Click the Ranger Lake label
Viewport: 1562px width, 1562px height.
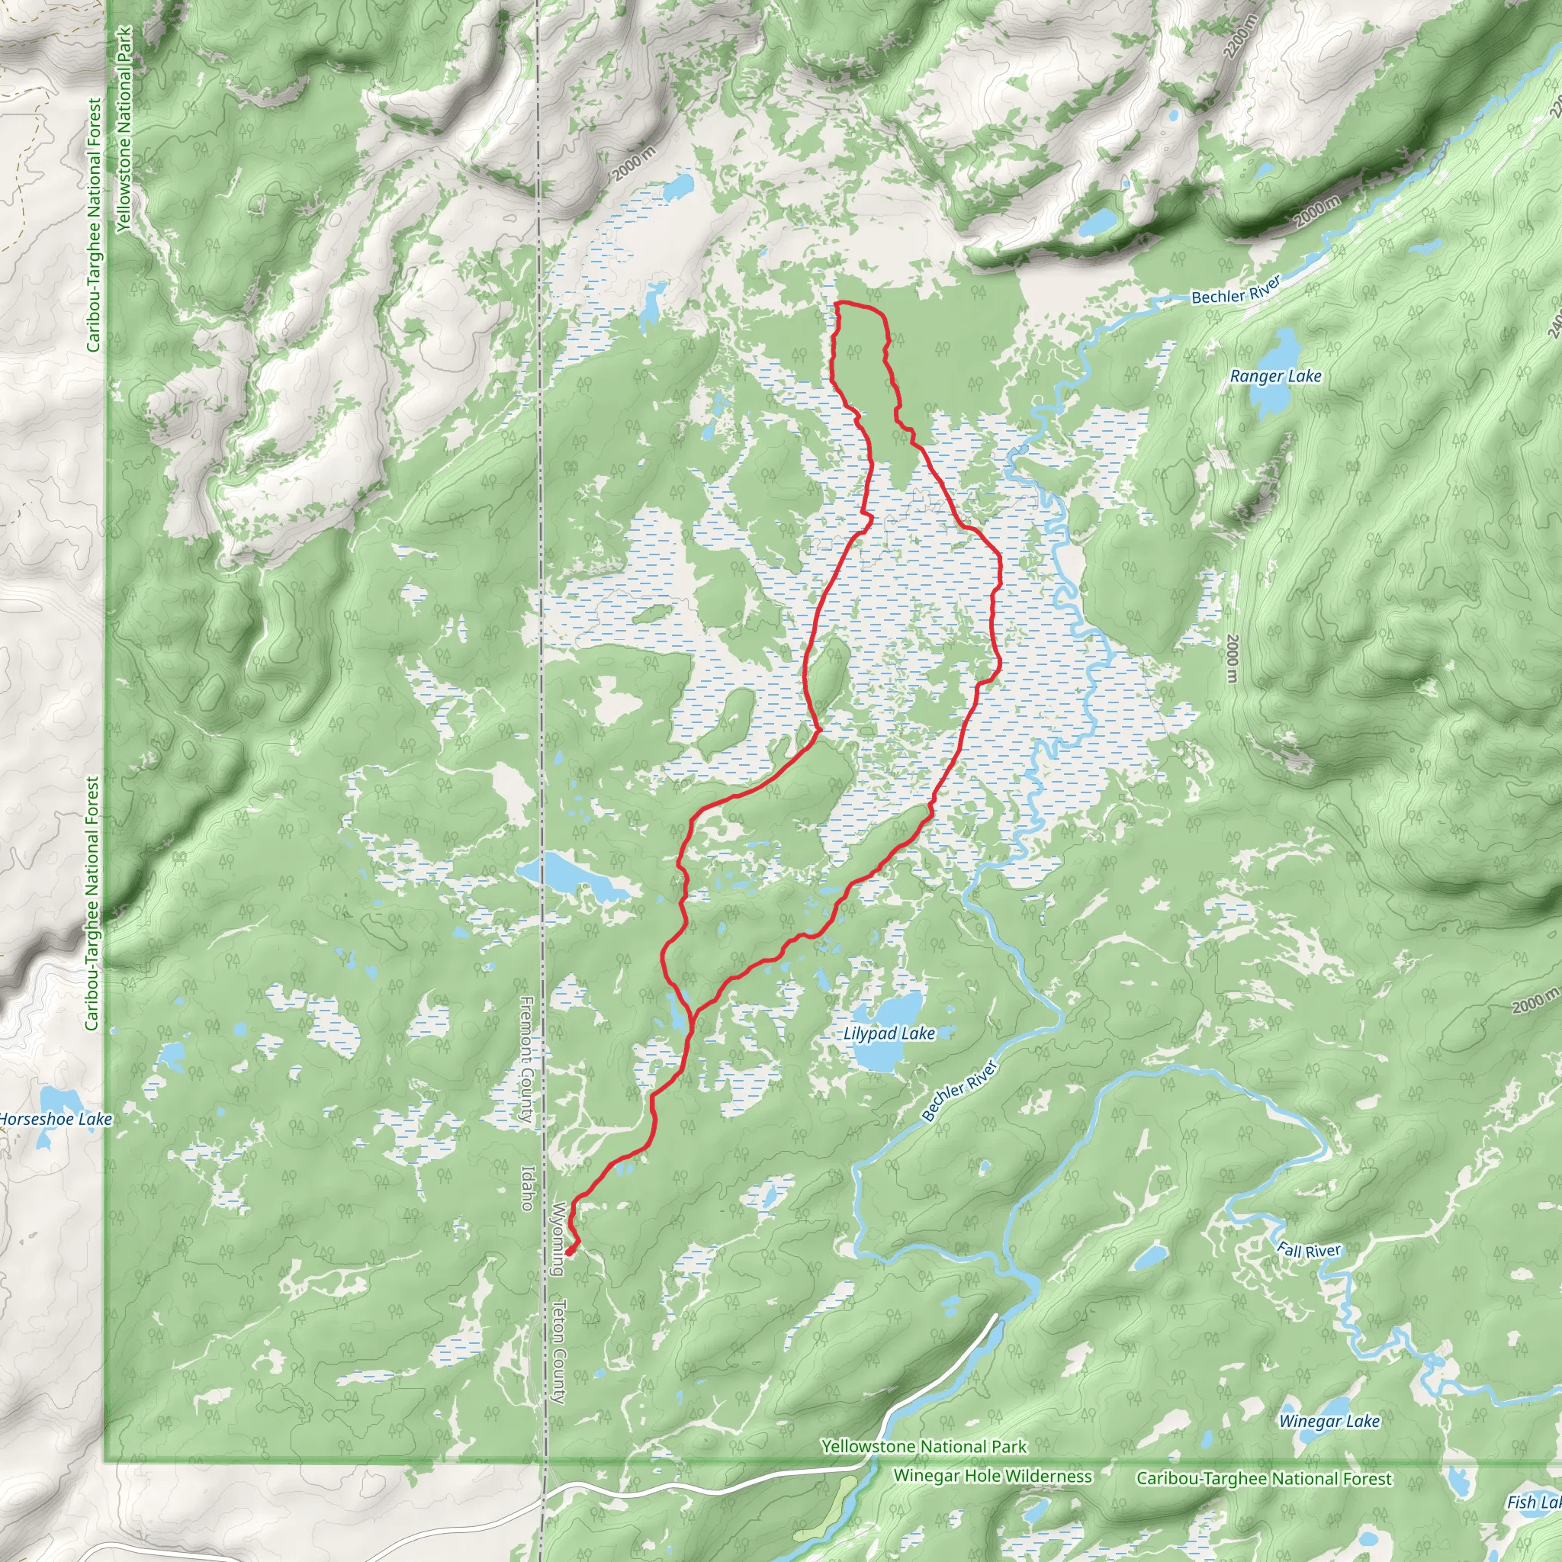(1275, 376)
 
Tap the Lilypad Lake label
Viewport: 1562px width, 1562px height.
(889, 1033)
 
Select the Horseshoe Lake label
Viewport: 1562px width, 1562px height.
(55, 1119)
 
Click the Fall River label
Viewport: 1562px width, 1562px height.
(1308, 1250)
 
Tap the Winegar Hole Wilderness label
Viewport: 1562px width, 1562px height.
(992, 1476)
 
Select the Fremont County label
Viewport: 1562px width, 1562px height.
(526, 1060)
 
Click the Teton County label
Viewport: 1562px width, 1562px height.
(558, 1351)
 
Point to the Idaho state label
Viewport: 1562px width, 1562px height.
(526, 1188)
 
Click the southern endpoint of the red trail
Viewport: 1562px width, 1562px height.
(569, 1252)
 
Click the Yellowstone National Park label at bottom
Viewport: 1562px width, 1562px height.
(924, 1446)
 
